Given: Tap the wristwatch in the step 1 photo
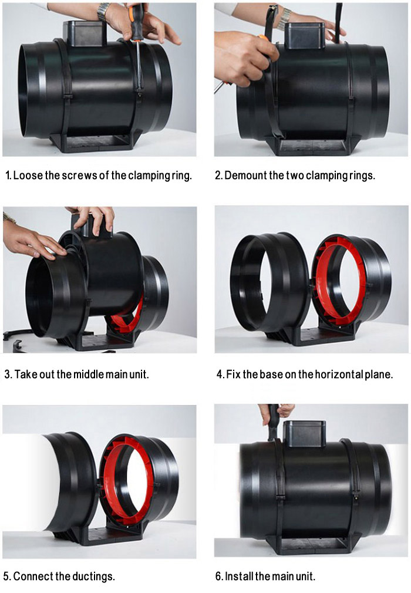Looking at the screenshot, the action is click(103, 12).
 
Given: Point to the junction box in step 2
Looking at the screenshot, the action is click(305, 35).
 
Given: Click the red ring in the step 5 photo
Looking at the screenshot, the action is click(128, 480).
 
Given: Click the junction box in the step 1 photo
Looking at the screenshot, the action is click(83, 33).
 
